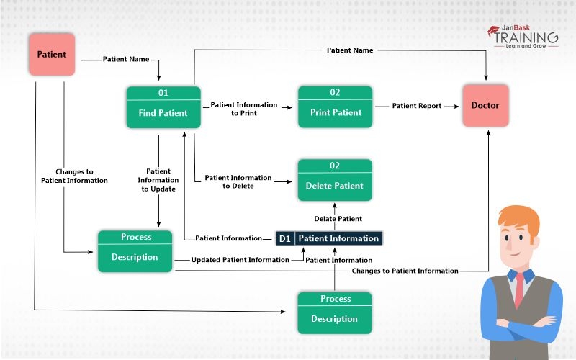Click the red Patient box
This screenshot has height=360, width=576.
51,55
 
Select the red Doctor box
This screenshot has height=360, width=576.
485,105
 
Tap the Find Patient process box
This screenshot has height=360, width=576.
163,107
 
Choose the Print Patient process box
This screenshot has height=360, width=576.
336,107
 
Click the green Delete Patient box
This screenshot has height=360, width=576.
335,180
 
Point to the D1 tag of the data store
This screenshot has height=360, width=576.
284,238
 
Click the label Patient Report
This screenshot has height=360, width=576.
416,106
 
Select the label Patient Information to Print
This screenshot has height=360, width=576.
243,109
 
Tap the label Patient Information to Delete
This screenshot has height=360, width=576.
238,181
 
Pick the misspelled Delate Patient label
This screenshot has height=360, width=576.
338,218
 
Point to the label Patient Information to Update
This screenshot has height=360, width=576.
158,180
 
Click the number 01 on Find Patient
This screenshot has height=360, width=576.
163,93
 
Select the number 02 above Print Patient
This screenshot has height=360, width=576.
336,93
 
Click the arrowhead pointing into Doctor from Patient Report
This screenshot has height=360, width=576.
457,106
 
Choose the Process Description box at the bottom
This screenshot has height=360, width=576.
335,312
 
